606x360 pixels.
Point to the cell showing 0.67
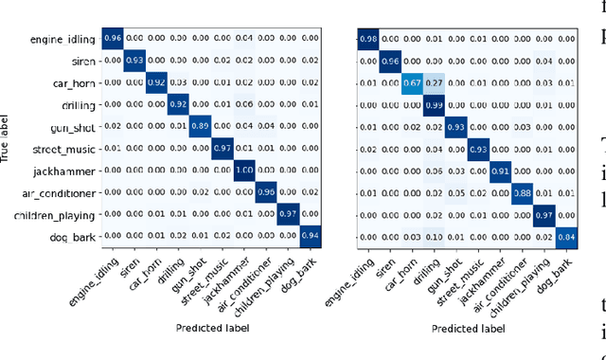[x=411, y=81]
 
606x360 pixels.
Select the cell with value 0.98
[x=367, y=39]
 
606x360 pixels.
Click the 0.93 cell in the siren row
[x=134, y=60]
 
